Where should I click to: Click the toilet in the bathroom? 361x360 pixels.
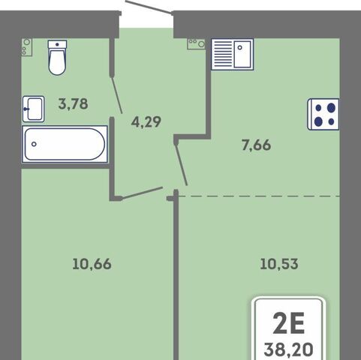pos(57,58)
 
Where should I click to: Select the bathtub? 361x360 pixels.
pos(65,144)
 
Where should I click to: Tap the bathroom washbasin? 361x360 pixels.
pos(34,109)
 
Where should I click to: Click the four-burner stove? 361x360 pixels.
pos(323,114)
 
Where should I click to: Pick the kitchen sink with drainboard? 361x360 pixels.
pos(233,54)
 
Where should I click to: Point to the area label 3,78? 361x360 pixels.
pos(73,103)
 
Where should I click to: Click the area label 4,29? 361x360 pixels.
pos(146,122)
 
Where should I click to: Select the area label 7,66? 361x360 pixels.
pos(256,145)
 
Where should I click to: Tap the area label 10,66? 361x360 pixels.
pos(92,264)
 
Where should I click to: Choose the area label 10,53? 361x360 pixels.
pos(279,264)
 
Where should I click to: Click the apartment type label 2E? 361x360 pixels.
pos(288,323)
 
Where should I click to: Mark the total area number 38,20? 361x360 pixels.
pos(288,349)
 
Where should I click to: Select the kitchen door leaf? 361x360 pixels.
pos(182,163)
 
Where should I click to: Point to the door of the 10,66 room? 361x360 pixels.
pos(140,193)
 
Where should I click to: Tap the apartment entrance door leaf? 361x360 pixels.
pos(148,6)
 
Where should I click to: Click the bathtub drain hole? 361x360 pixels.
pos(34,144)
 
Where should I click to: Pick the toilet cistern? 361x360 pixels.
pos(57,44)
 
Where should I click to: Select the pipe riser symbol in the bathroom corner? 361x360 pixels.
pos(27,46)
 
